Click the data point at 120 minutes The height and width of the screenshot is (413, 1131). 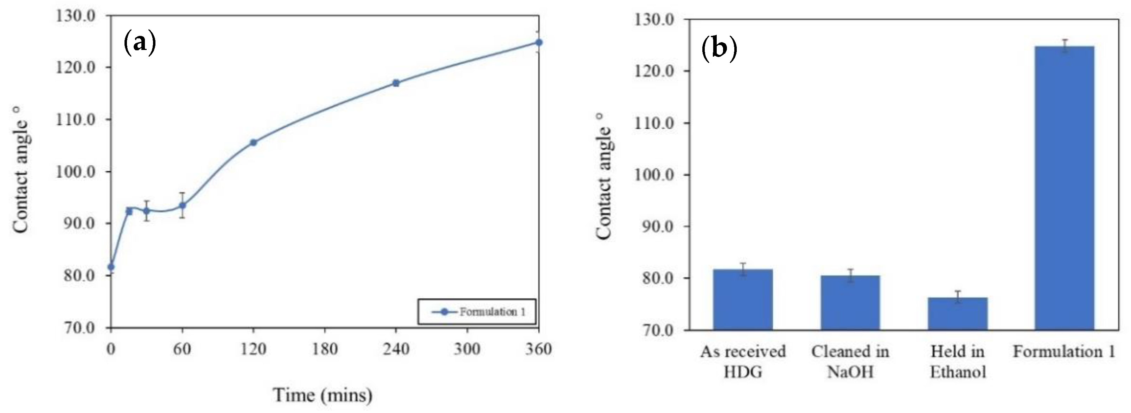[253, 142]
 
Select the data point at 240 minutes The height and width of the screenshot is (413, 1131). [396, 83]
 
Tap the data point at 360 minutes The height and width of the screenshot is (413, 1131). [539, 42]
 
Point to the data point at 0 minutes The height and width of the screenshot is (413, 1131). [111, 267]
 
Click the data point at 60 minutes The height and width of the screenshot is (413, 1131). [182, 205]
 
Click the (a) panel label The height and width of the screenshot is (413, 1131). [140, 42]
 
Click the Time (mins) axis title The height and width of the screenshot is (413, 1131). [323, 395]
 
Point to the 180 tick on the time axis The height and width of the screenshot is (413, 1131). [325, 349]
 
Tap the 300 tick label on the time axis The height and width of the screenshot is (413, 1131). [467, 349]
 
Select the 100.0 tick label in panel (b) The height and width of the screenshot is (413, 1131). [654, 175]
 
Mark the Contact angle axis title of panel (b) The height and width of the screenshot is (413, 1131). [605, 176]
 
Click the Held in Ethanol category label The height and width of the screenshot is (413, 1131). [958, 362]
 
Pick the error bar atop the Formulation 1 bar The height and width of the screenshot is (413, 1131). [1064, 46]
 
